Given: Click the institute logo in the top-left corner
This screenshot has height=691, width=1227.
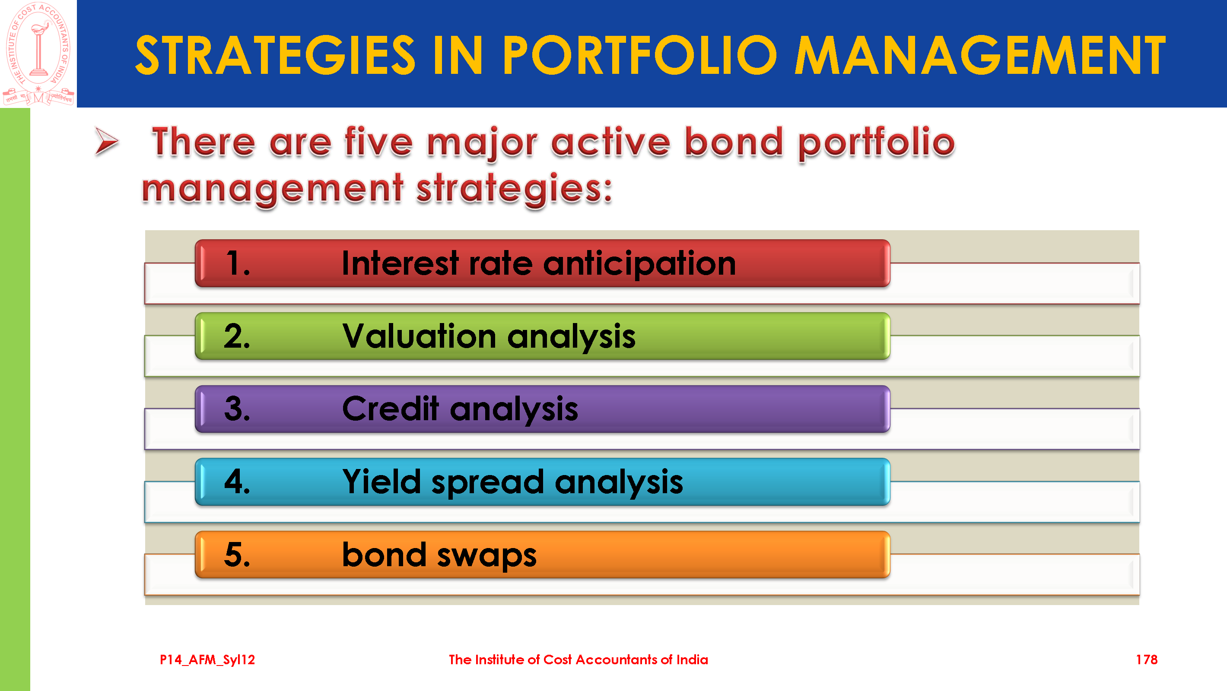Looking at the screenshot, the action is [38, 54].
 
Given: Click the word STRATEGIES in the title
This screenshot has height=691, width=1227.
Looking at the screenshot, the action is [276, 56].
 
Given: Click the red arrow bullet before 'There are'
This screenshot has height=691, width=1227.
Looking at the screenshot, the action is [107, 141].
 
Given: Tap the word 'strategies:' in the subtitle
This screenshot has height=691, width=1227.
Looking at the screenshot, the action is [515, 189].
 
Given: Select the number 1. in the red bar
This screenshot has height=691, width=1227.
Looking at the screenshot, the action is [238, 263].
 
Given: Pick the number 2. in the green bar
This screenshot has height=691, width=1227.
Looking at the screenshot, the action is [237, 336].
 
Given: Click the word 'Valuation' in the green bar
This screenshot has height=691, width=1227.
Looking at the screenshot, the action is [420, 336].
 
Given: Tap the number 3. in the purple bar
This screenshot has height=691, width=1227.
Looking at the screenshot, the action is [237, 409].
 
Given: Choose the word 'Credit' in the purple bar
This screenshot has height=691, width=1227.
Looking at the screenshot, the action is [391, 409].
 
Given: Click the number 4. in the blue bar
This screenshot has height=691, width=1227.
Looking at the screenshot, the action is [237, 482].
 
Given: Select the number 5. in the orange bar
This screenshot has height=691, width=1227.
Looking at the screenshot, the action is [237, 555].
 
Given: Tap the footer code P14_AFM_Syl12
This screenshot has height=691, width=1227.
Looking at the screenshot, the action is [207, 659].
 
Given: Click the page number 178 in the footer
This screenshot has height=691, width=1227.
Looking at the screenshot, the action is [1147, 659].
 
